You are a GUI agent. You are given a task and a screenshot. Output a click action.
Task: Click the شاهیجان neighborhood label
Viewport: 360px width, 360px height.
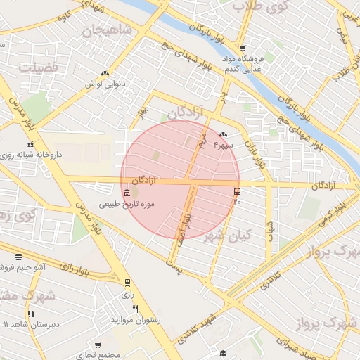(x=107, y=30)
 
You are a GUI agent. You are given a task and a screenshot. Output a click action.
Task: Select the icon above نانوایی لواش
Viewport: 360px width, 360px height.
(x=105, y=73)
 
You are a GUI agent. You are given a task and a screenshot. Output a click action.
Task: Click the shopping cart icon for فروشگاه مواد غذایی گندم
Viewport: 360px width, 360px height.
(x=243, y=49)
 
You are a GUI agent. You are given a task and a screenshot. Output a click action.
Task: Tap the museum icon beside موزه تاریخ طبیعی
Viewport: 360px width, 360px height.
(x=126, y=193)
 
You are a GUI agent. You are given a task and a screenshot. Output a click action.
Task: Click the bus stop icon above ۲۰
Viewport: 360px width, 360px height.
(x=236, y=191)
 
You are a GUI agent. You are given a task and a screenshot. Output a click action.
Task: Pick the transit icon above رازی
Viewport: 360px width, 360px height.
(x=127, y=283)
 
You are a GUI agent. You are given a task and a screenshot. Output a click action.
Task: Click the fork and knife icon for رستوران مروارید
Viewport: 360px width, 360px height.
(x=135, y=309)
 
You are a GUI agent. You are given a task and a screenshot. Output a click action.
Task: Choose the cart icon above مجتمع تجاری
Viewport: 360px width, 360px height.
(x=98, y=345)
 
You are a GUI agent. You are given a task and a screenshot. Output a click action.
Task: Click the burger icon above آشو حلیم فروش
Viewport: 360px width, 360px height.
(x=18, y=257)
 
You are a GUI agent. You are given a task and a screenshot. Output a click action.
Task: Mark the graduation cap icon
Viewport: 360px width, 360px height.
(x=223, y=353)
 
